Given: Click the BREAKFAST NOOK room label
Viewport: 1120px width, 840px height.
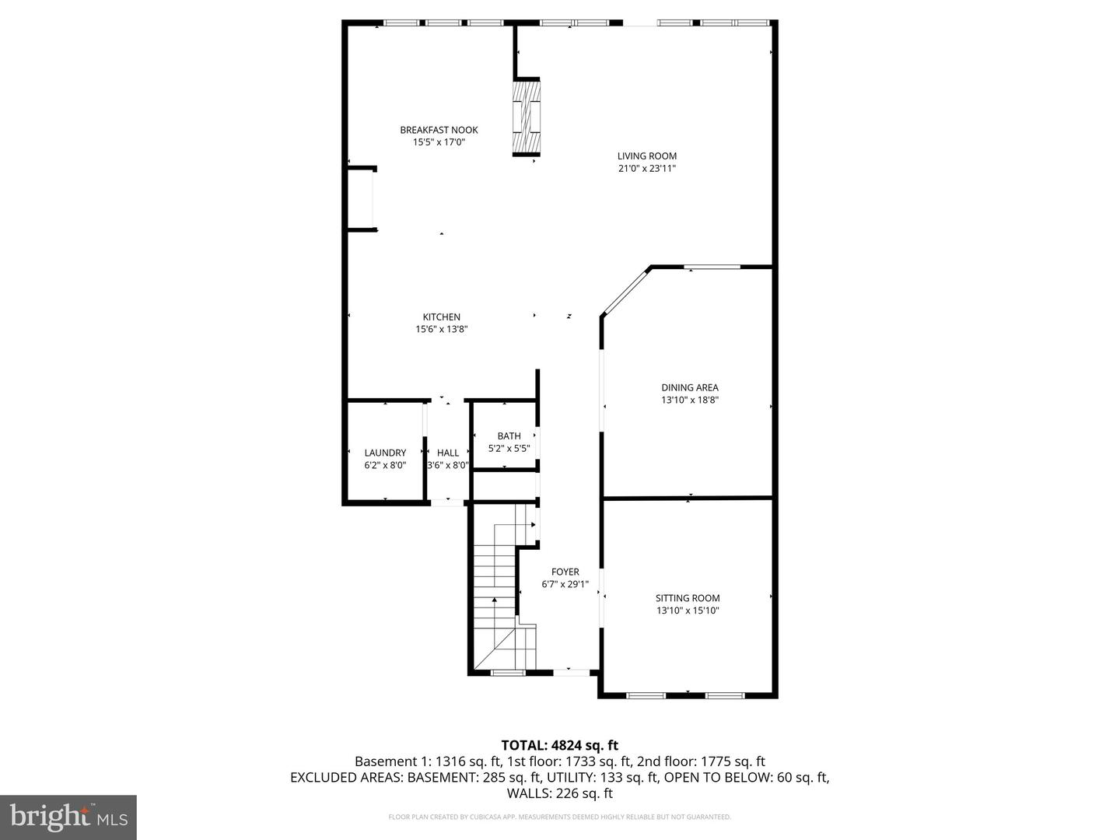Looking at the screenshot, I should click(x=439, y=130).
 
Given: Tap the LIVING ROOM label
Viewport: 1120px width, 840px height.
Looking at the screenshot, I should click(x=647, y=156).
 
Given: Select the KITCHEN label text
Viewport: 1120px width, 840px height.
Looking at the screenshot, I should click(x=441, y=317).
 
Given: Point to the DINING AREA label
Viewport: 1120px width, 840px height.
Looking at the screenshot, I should click(x=689, y=387).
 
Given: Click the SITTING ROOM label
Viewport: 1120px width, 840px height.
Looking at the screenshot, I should click(x=688, y=598).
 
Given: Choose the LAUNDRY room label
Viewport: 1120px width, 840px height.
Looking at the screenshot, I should click(x=385, y=453).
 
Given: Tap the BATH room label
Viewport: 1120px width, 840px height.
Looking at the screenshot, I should click(x=509, y=436).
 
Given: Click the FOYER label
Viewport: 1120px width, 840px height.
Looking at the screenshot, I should click(x=565, y=572).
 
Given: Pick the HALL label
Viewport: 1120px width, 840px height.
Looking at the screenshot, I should click(x=448, y=453).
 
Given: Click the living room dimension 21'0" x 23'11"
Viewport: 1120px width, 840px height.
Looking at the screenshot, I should click(x=647, y=168).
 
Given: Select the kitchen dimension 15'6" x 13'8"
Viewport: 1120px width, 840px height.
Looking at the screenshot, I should click(x=441, y=329).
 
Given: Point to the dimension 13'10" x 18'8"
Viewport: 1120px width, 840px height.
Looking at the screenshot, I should click(x=689, y=400).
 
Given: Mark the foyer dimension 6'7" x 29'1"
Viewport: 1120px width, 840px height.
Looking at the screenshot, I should click(x=565, y=584).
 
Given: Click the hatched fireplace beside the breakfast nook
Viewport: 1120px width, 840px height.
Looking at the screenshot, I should click(x=526, y=117).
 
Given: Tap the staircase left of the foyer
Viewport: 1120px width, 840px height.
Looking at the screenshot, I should click(x=495, y=591).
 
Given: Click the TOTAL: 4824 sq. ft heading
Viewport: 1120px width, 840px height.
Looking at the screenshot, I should click(x=559, y=745).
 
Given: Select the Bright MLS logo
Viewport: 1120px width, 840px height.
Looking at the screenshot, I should click(x=68, y=817).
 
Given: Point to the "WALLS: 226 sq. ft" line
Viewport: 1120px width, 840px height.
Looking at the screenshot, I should click(x=559, y=793).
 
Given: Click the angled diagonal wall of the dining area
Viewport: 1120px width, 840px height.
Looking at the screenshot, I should click(x=625, y=292).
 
